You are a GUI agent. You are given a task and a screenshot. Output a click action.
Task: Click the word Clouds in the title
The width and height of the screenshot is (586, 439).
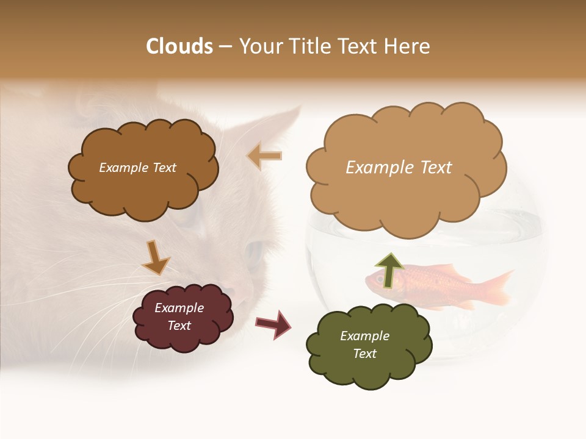[179, 46]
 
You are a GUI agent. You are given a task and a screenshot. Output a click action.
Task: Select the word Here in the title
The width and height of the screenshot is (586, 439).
[407, 46]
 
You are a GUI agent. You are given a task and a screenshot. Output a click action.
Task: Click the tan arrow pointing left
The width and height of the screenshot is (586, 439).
[264, 156]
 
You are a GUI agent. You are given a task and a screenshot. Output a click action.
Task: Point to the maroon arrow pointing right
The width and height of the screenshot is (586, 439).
[273, 324]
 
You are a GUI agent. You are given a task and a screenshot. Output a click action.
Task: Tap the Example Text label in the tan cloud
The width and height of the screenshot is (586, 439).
[399, 168]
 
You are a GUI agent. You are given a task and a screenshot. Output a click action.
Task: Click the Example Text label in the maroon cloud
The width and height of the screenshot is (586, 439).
[179, 317]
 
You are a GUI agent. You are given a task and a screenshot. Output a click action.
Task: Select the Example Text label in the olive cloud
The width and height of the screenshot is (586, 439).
[364, 344]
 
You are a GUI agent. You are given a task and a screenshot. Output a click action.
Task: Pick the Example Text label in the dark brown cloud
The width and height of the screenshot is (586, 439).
[137, 168]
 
